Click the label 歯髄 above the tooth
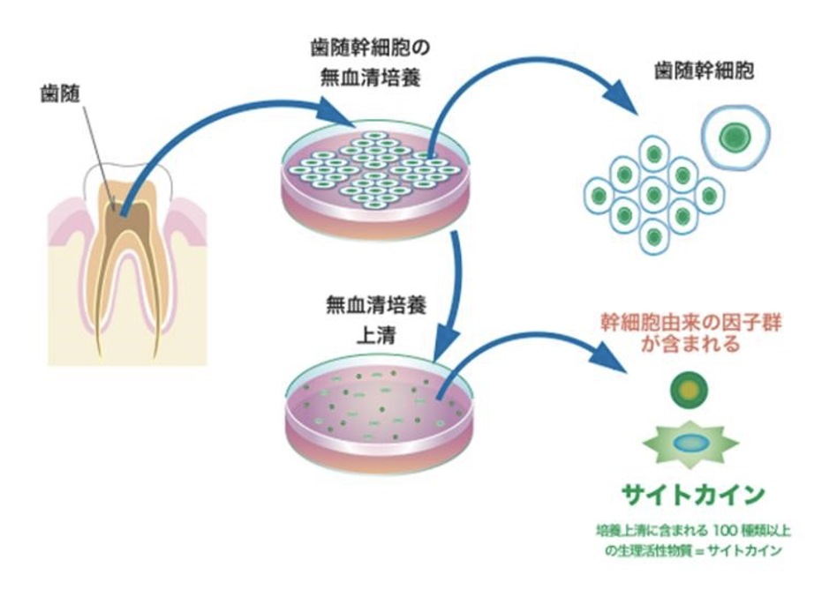point(61,92)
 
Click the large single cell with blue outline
point(733,137)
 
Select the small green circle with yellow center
point(690,389)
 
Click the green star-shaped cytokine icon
point(690,445)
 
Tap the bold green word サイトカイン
point(690,495)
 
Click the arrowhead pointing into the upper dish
point(341,112)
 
